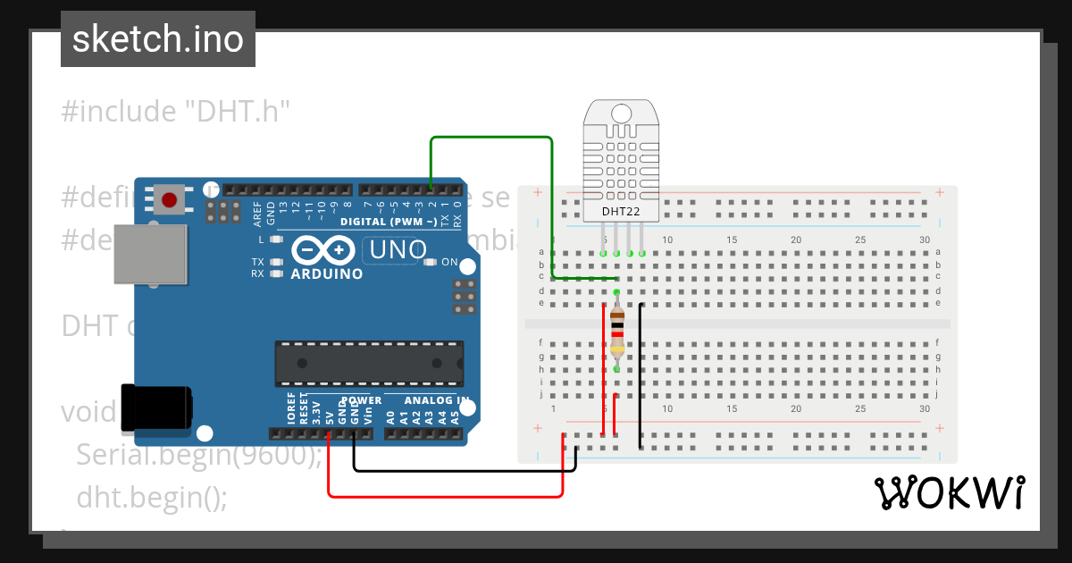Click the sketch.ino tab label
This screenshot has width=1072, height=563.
click(x=158, y=39)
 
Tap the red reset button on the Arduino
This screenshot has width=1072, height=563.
click(x=167, y=197)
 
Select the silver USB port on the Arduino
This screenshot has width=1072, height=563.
click(x=151, y=254)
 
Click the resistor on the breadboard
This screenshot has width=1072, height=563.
click(x=617, y=330)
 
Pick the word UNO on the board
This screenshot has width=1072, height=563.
click(x=398, y=250)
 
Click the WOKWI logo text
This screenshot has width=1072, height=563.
click(x=949, y=492)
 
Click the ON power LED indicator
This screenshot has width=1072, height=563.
click(x=431, y=263)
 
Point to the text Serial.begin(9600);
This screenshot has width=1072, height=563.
click(x=198, y=455)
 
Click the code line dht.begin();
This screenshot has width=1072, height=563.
click(x=152, y=496)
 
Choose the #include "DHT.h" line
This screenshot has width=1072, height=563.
click(x=177, y=112)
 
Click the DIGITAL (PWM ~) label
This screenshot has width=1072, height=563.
click(x=389, y=221)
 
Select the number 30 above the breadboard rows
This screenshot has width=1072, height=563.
click(x=925, y=239)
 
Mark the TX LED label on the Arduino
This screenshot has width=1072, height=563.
click(x=257, y=262)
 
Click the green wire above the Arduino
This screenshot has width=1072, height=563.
click(x=491, y=138)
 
